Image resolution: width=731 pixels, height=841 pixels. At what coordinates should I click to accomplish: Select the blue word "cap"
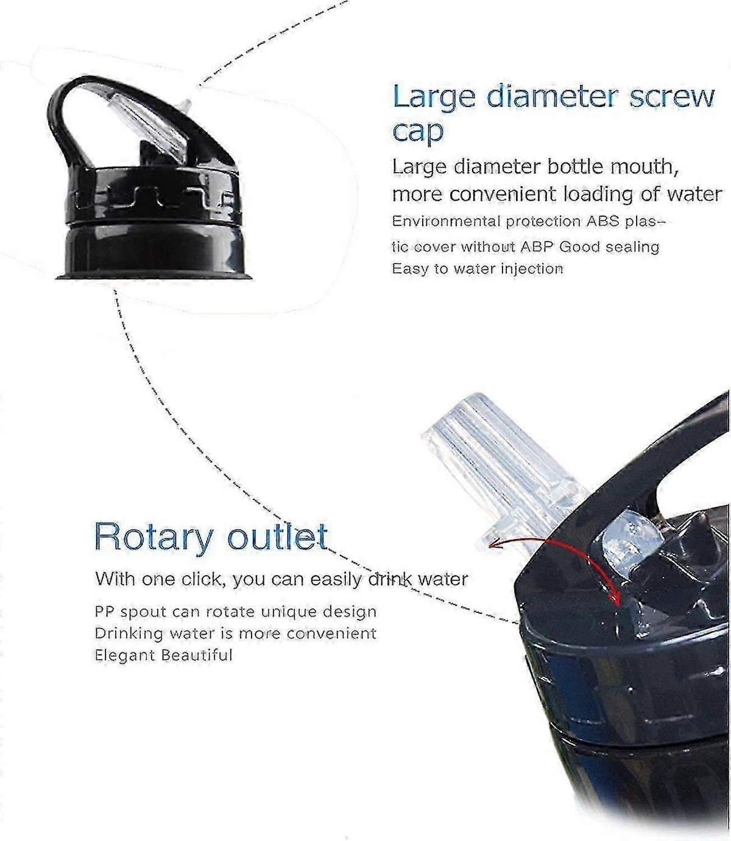[417, 132]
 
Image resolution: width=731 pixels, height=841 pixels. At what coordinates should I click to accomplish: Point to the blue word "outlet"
[277, 536]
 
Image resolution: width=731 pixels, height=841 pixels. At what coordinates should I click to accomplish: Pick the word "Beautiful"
[197, 654]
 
